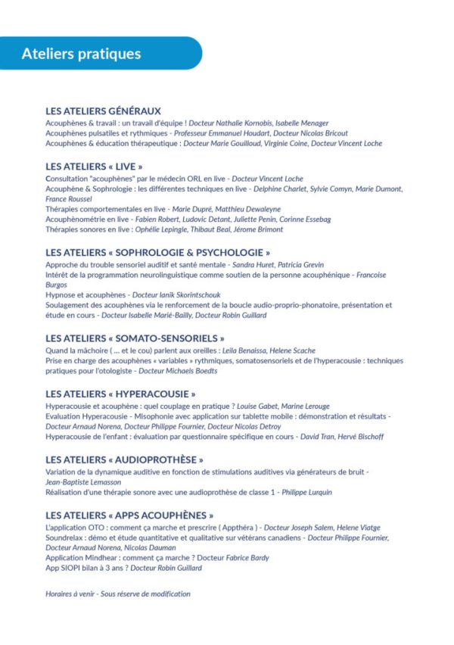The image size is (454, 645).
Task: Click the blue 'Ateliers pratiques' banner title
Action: coord(81,54)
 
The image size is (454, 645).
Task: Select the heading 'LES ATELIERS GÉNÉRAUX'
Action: coord(103,111)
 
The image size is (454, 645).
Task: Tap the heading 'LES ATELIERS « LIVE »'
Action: coord(94,166)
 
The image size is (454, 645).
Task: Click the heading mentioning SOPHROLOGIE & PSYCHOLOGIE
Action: coord(157,252)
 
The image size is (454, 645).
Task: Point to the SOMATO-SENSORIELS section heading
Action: coord(135,338)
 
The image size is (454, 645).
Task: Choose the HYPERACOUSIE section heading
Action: coord(120,394)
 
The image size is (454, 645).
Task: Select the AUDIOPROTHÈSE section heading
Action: coord(124,460)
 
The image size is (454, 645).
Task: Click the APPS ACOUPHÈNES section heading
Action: coord(129,516)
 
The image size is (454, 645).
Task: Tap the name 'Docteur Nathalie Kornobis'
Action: coord(225,123)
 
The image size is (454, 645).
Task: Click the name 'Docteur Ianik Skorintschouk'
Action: coord(176,294)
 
